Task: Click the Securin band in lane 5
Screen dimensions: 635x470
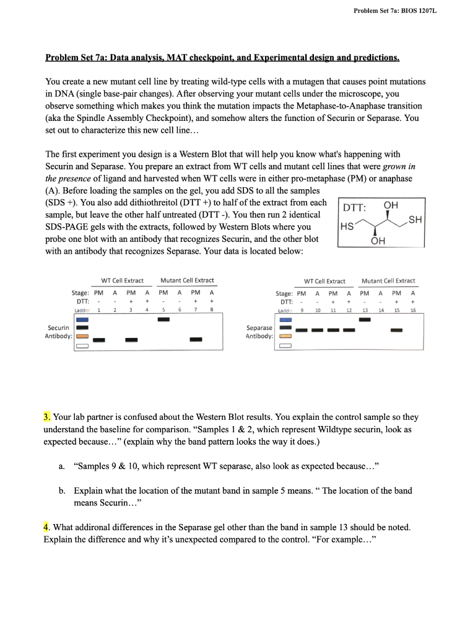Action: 163,319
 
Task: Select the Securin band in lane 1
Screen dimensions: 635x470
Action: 98,340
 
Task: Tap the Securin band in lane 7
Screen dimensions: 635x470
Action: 196,339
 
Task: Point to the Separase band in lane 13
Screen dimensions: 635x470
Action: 365,319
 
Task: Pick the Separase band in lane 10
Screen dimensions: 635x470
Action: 317,330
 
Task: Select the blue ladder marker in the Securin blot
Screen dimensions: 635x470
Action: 82,319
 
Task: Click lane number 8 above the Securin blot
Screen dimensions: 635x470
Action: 212,309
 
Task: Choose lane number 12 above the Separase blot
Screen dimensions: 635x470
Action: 349,309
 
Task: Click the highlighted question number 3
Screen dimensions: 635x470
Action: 48,417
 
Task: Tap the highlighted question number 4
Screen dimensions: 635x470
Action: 47,527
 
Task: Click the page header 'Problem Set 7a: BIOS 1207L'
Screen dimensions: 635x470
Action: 395,11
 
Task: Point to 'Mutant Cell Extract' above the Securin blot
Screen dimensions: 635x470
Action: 186,281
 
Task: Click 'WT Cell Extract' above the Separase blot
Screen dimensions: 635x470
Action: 324,281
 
